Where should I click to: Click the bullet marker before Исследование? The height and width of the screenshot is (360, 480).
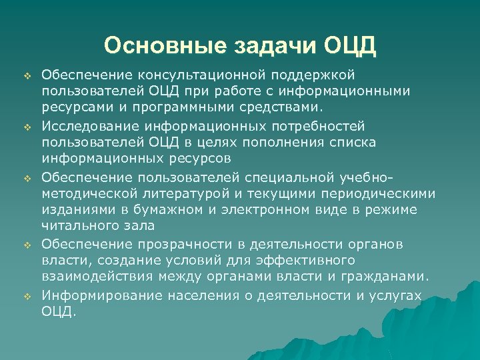coord(28,125)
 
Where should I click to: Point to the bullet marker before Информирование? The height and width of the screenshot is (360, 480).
coord(28,295)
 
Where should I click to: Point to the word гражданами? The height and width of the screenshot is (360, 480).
coord(389,277)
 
